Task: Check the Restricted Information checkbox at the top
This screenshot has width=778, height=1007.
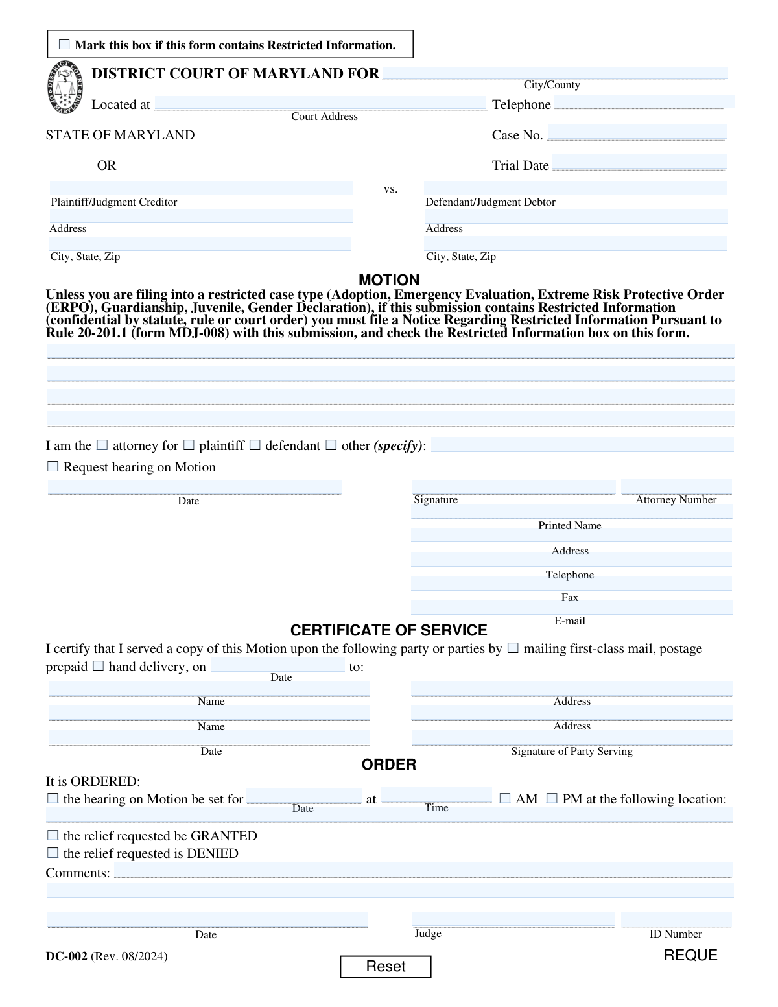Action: click(x=64, y=44)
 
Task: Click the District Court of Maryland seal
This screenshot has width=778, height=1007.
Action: click(x=65, y=88)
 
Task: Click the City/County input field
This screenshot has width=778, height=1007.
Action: click(x=554, y=73)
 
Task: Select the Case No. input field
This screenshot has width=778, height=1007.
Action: click(x=636, y=132)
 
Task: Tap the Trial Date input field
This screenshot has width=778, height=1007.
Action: click(x=639, y=162)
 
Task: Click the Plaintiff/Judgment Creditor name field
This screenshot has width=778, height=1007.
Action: click(x=201, y=188)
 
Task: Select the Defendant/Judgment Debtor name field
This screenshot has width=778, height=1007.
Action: click(x=575, y=188)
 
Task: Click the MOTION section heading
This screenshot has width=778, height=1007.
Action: click(x=389, y=280)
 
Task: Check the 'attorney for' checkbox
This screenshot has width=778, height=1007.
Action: click(x=102, y=445)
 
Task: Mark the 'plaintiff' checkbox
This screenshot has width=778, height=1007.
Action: click(x=189, y=445)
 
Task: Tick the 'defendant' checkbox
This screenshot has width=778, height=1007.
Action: click(x=255, y=445)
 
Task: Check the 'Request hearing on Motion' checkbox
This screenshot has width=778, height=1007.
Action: click(x=53, y=466)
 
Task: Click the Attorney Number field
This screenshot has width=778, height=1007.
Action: click(x=676, y=486)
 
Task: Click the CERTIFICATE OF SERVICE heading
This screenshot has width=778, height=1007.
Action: click(x=389, y=630)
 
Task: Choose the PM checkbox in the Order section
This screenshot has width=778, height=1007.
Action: click(x=552, y=798)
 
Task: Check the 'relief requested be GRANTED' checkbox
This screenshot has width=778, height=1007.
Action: click(x=53, y=835)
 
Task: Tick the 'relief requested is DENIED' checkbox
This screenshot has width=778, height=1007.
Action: click(x=53, y=853)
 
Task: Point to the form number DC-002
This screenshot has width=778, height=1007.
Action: click(x=66, y=956)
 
